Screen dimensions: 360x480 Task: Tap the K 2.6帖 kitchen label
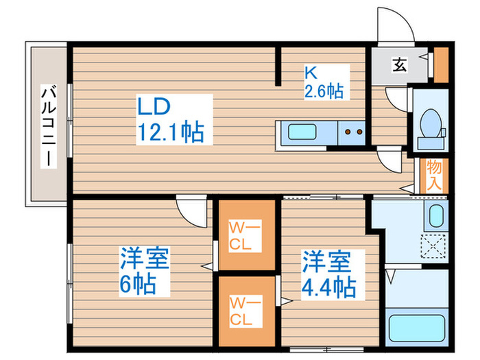click(324, 82)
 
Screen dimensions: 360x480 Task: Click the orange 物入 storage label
click(433, 174)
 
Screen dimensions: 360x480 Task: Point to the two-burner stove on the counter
click(353, 132)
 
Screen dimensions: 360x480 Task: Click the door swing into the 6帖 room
click(191, 206)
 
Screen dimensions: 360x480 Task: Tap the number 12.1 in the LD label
click(163, 132)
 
